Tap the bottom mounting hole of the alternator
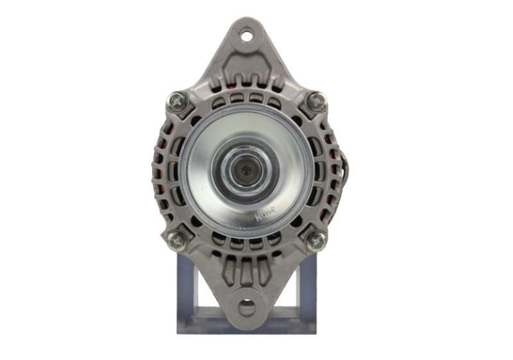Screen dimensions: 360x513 tap(246, 307)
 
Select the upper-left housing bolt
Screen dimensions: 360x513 tap(177, 101)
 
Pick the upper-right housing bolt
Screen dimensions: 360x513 tap(315, 101)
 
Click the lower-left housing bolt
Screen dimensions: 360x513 tap(177, 241)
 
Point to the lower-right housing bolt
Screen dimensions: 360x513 tap(315, 241)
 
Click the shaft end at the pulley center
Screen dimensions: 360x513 tap(246, 169)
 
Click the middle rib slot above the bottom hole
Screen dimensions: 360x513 tap(247, 270)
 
